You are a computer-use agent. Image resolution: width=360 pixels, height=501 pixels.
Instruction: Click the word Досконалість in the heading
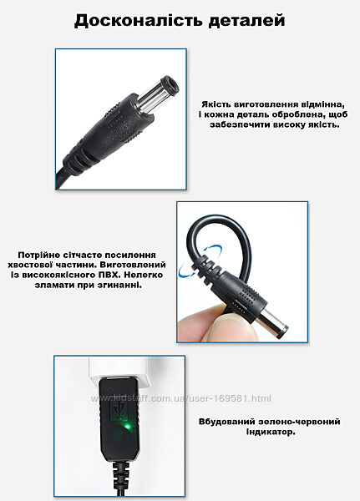[x=139, y=20]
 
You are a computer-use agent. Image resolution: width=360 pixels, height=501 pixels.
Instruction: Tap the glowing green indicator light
[x=127, y=427]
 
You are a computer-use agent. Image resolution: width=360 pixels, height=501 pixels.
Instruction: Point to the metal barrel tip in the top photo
[x=158, y=94]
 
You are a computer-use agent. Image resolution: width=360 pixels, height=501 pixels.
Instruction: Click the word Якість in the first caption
[x=216, y=104]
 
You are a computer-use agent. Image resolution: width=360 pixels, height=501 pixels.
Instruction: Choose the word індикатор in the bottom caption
[x=271, y=432]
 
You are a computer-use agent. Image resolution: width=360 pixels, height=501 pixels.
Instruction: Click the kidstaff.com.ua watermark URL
[x=181, y=398]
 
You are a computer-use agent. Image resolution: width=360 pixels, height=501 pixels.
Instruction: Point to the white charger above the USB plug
[x=120, y=371]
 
